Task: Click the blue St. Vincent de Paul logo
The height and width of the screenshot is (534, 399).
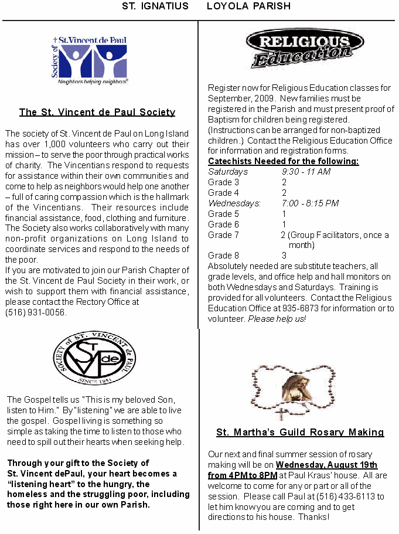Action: pos(89,61)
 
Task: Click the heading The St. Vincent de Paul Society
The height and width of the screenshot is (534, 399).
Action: pos(97,112)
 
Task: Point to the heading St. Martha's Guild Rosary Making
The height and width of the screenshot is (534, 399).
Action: pos(300,433)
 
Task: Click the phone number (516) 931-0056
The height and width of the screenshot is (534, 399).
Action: pos(36,312)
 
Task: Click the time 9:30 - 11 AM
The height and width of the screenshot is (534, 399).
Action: pos(306,172)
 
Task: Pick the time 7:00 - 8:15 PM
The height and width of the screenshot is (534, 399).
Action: pos(310,203)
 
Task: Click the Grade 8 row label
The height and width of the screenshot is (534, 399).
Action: pos(223,256)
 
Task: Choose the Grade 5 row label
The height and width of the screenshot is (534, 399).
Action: pos(223,214)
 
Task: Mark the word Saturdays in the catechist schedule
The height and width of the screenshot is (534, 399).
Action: pos(228,172)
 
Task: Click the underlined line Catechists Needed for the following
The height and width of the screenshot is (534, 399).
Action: pos(284,161)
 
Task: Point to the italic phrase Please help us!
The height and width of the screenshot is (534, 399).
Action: pos(277,319)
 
